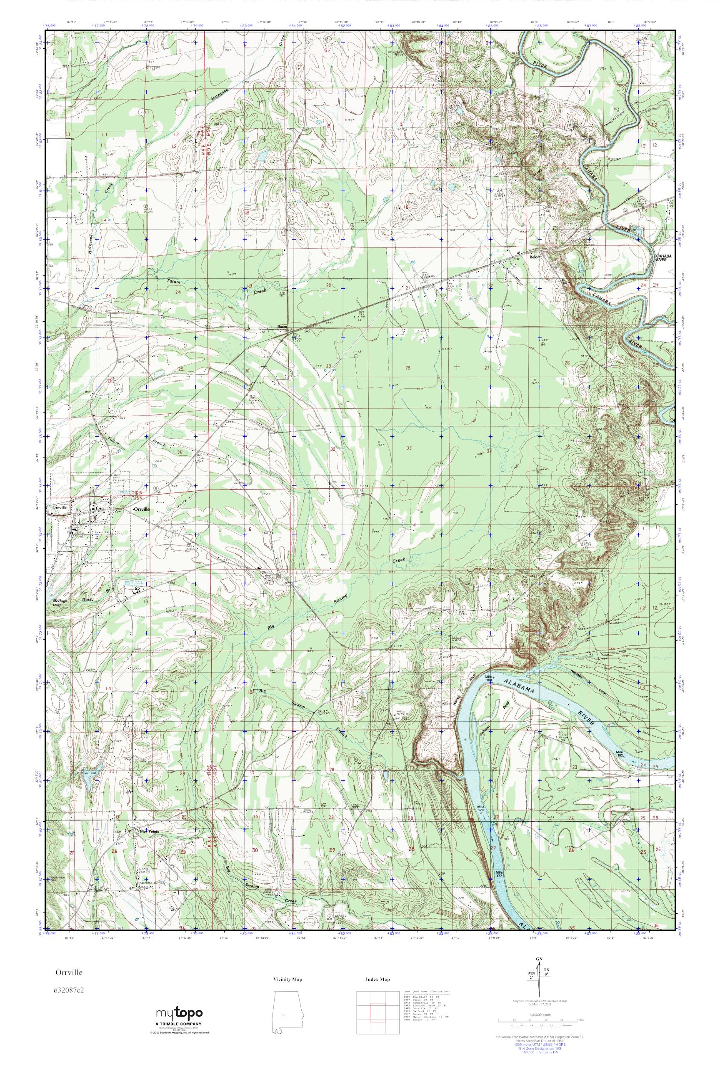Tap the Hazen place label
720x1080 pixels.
point(282,327)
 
